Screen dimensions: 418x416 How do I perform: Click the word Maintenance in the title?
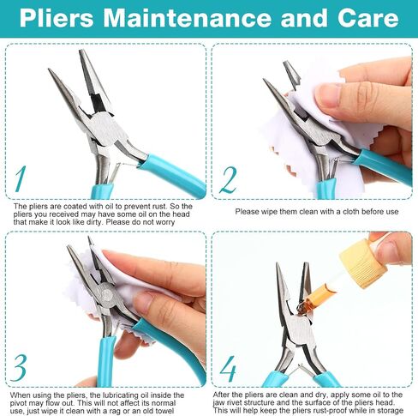coord(187,18)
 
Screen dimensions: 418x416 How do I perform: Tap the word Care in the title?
coord(367,18)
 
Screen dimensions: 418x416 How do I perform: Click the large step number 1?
coord(20,179)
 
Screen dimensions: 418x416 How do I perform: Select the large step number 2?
coord(228,180)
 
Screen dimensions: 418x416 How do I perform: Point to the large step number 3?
coord(19,368)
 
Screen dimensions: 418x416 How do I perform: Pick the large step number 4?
coord(228,369)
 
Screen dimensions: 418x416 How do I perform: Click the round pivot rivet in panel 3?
coord(107,293)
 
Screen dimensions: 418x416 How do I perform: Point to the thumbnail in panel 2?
coord(328,96)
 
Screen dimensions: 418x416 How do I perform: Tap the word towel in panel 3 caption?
coord(164,411)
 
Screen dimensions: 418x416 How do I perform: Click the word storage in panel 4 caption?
coord(390,411)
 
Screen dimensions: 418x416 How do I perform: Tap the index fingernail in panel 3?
coord(142,303)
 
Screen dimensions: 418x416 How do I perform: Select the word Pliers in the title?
coord(57,18)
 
